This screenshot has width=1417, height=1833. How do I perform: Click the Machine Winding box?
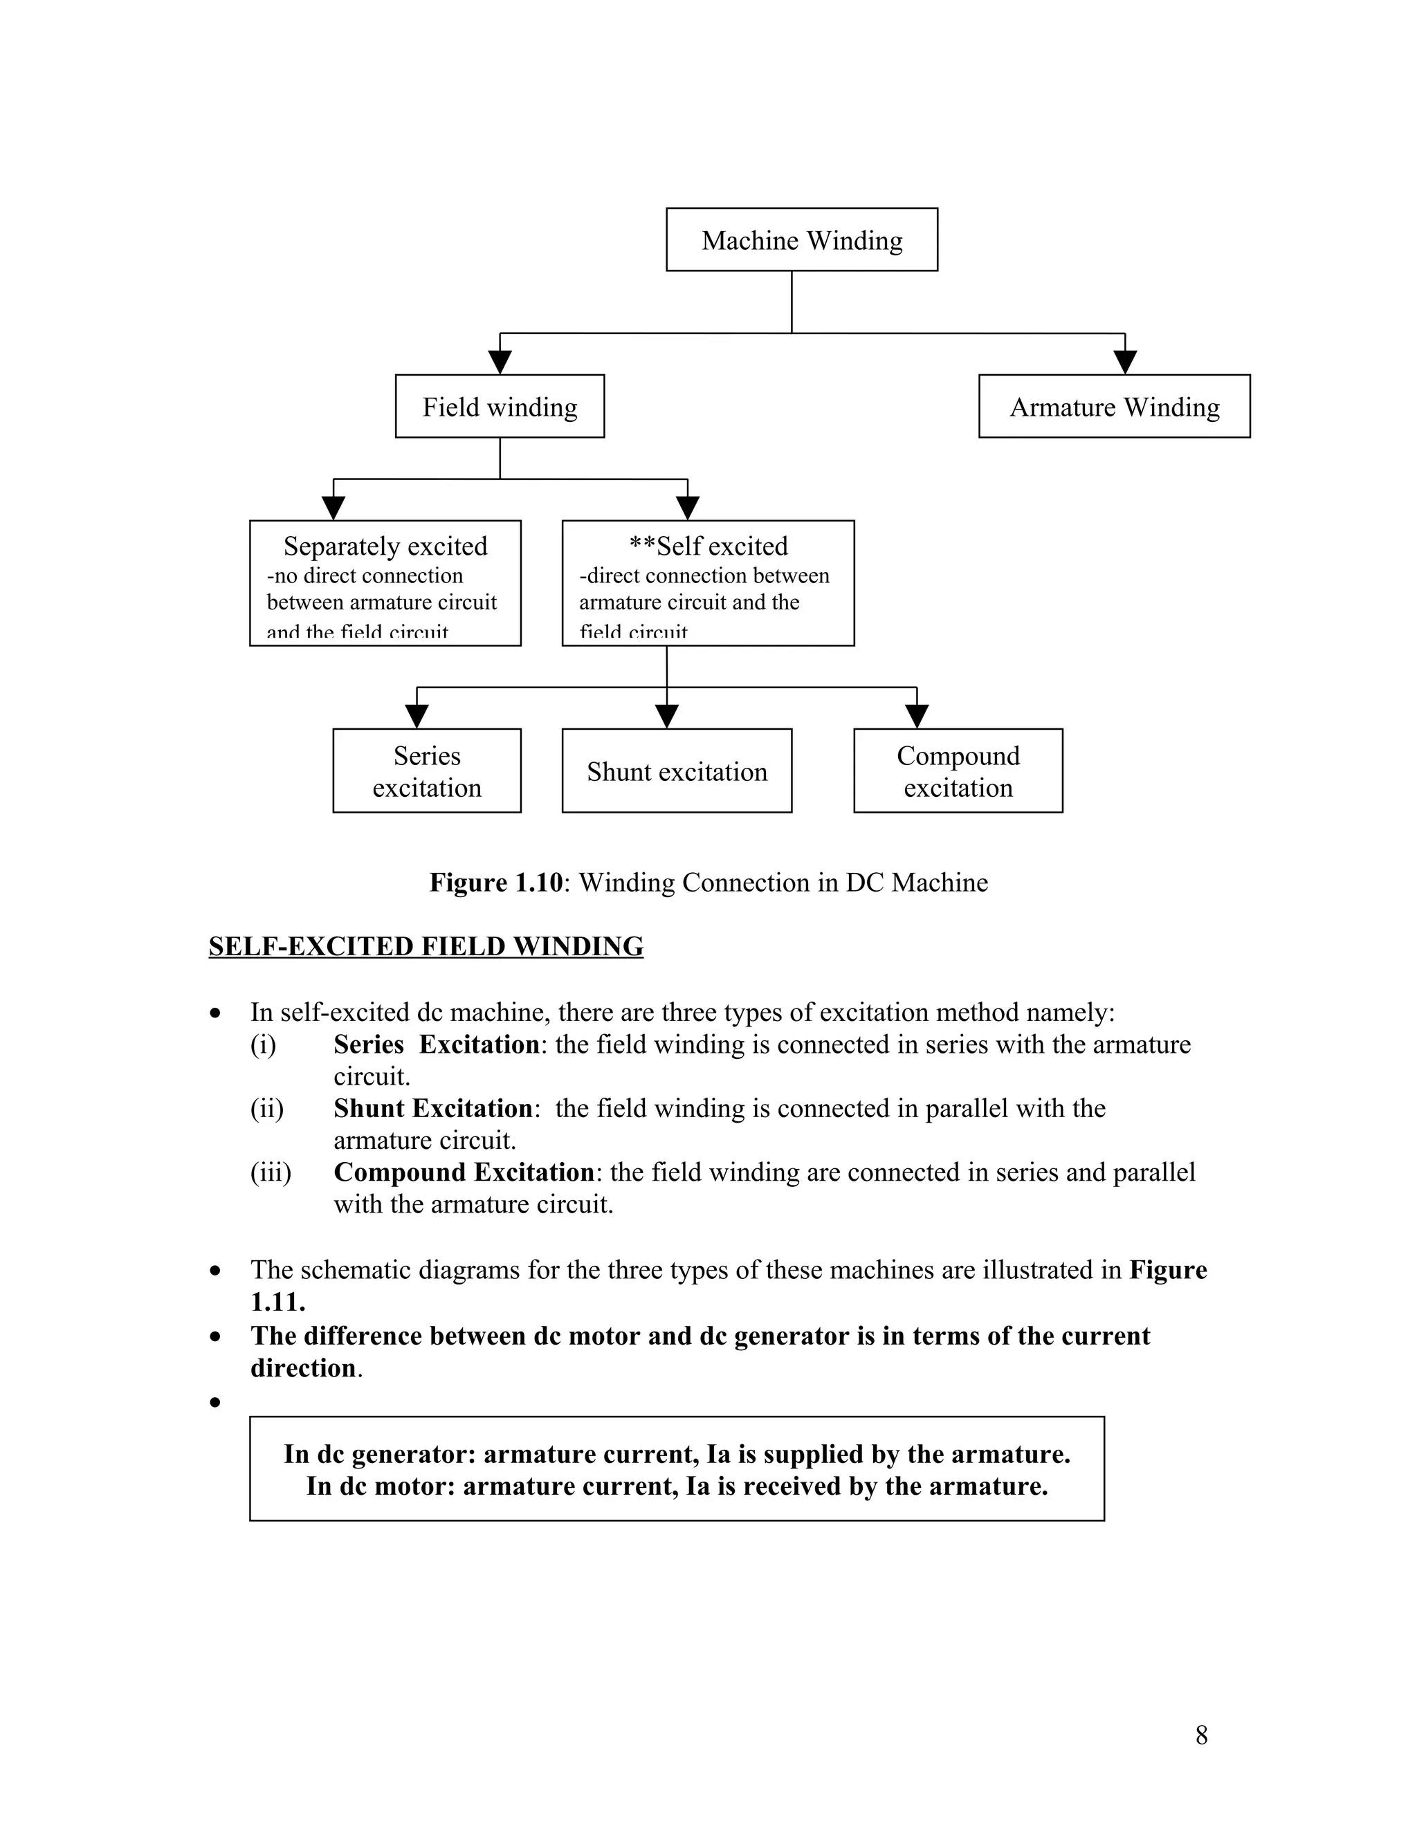(802, 240)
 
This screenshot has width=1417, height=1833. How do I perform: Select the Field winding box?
(500, 406)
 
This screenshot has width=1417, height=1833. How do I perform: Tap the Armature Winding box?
(1114, 406)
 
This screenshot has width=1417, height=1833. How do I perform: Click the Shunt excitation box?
(677, 771)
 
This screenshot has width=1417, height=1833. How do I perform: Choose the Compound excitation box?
(958, 771)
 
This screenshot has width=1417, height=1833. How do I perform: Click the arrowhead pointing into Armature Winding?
(1125, 362)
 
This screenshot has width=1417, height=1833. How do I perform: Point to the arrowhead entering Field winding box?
(500, 362)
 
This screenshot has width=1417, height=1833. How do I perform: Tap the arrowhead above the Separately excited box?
(334, 508)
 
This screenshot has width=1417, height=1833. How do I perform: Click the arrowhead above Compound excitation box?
(917, 717)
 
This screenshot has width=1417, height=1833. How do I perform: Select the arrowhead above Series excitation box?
(417, 717)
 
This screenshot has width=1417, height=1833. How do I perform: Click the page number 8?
(1201, 1735)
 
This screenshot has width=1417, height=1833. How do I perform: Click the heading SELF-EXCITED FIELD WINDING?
(426, 947)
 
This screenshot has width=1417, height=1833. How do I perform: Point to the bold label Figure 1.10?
(495, 883)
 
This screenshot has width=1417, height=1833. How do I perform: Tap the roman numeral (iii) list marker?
(271, 1172)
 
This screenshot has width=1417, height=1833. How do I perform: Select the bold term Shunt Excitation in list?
(433, 1108)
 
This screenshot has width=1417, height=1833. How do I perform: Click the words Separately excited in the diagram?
(385, 546)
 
